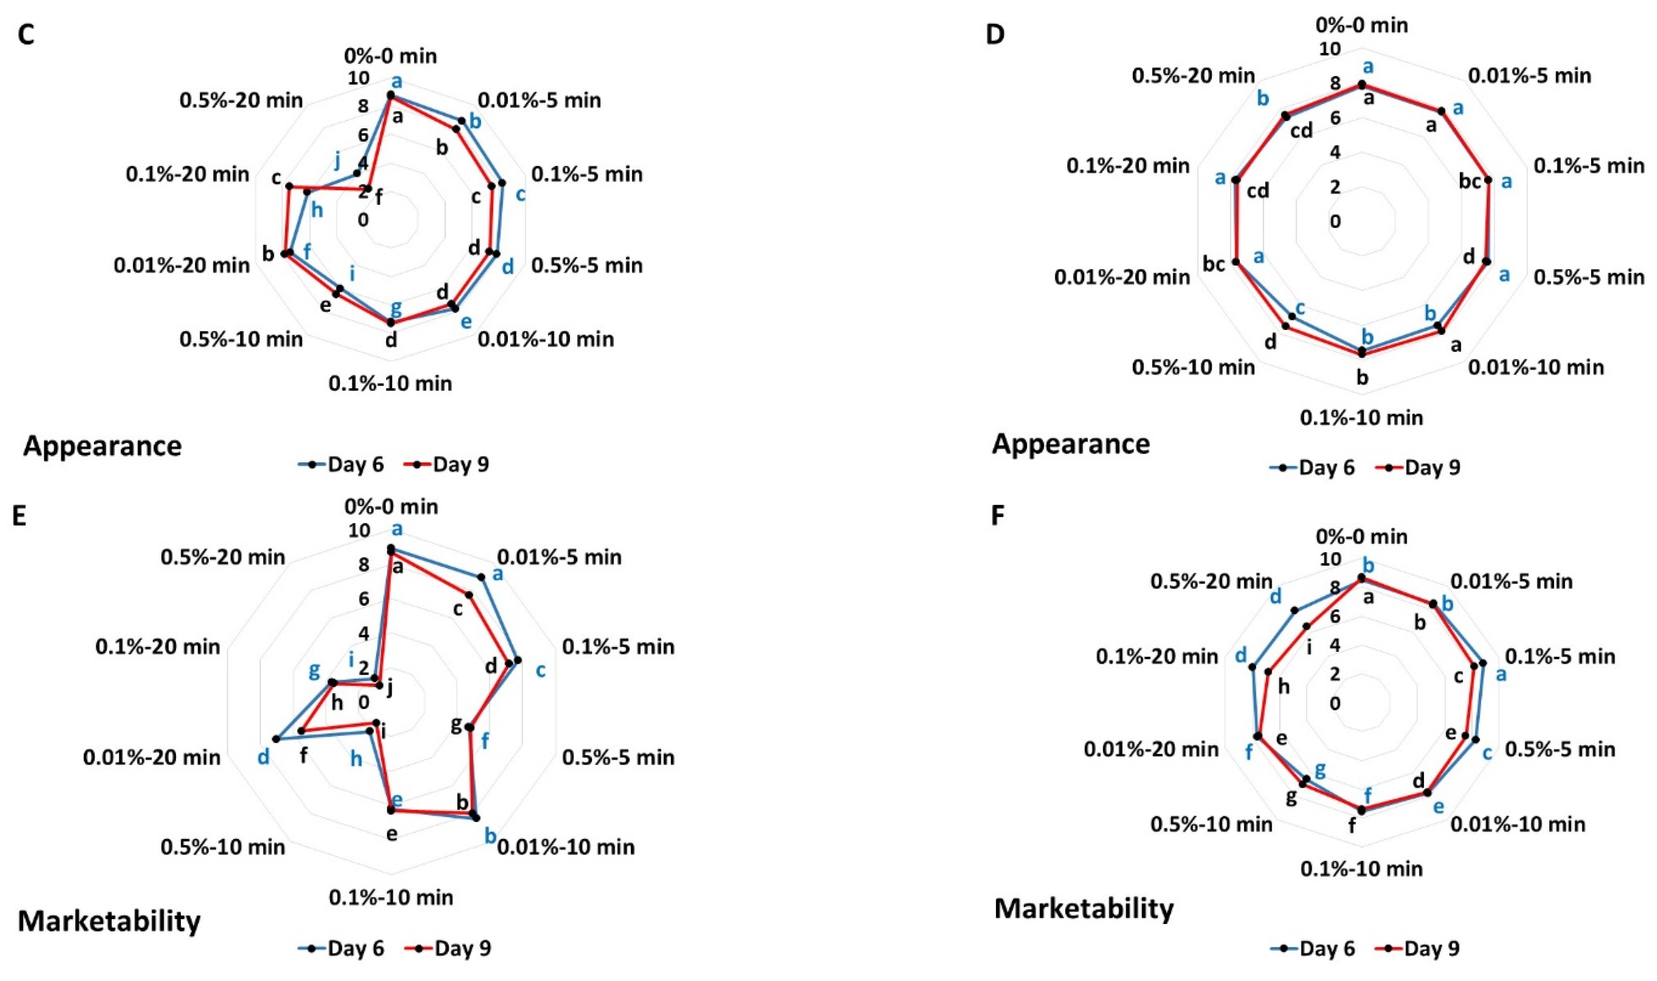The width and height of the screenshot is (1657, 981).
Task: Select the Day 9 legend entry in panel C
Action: [447, 465]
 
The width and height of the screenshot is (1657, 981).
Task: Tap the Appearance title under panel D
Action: [1070, 444]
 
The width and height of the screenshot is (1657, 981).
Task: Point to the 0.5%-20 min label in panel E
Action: [223, 557]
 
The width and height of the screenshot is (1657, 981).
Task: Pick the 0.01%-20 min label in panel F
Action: [1151, 749]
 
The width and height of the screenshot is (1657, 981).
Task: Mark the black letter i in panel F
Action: [1310, 648]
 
